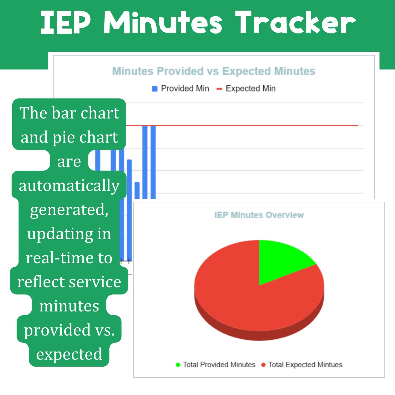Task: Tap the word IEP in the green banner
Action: tap(66, 23)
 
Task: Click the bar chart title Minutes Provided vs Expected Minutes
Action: tap(214, 71)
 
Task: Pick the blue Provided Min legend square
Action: tap(155, 89)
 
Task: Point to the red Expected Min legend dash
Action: tap(219, 89)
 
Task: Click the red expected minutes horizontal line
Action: tap(242, 126)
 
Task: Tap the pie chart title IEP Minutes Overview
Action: tap(259, 215)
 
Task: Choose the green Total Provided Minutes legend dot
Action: tap(178, 365)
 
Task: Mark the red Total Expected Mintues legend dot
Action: tap(263, 365)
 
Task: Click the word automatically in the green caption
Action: tap(69, 186)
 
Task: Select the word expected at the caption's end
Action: tap(69, 354)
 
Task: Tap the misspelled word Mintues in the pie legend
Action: tap(330, 365)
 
